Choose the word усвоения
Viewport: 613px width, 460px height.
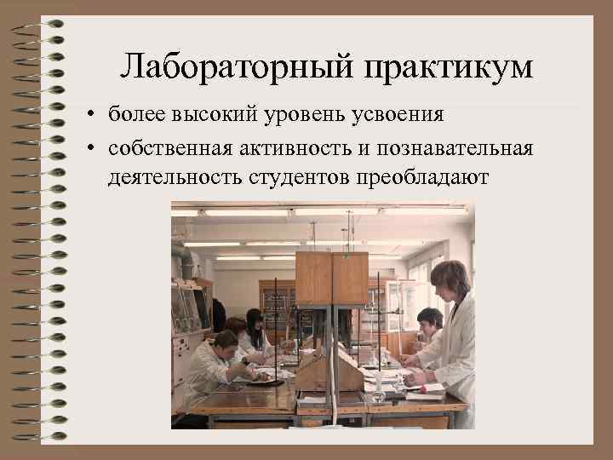click(387, 114)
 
